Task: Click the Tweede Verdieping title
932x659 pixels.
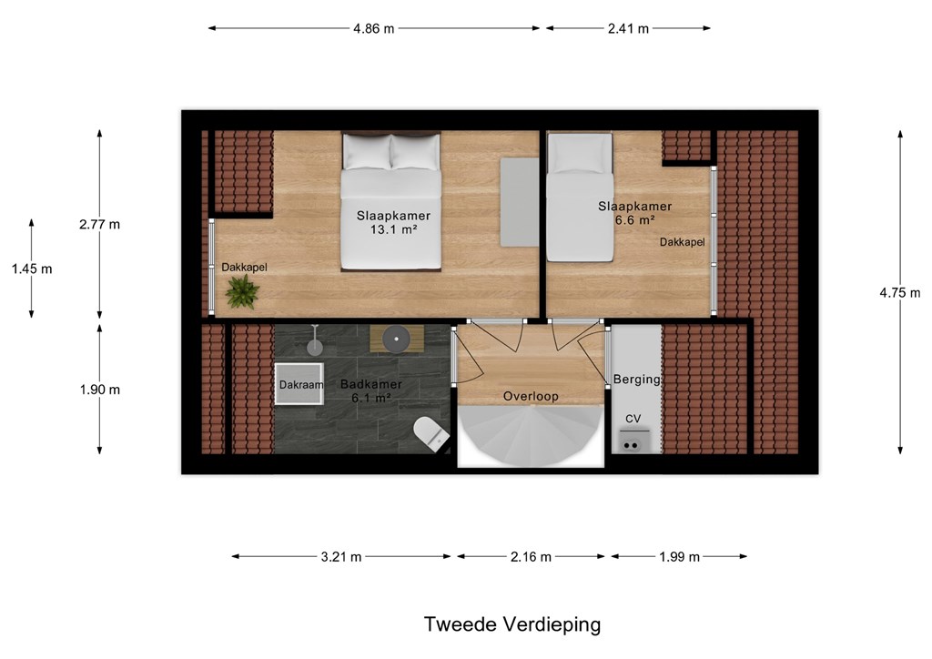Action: [512, 624]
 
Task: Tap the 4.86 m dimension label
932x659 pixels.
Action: [373, 28]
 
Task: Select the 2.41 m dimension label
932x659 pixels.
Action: [628, 28]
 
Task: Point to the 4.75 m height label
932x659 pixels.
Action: [900, 292]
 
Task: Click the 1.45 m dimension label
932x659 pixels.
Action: [32, 269]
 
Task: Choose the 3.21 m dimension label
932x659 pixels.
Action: [341, 557]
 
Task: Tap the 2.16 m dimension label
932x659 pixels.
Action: [531, 557]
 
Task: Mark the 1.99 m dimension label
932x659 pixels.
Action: [679, 557]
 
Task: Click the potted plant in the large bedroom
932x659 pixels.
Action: [242, 292]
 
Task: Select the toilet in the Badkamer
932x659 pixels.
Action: [432, 433]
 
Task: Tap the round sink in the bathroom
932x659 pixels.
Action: [397, 339]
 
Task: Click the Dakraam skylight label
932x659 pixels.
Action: [301, 385]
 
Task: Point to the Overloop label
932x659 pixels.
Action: [531, 396]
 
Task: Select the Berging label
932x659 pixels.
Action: [636, 380]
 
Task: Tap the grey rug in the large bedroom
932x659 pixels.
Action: [520, 202]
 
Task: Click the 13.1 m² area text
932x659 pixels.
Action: [393, 229]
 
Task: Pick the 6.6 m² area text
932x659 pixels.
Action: [635, 220]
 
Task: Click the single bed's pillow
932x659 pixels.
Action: [580, 153]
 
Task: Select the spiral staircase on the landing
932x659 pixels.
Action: [531, 436]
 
